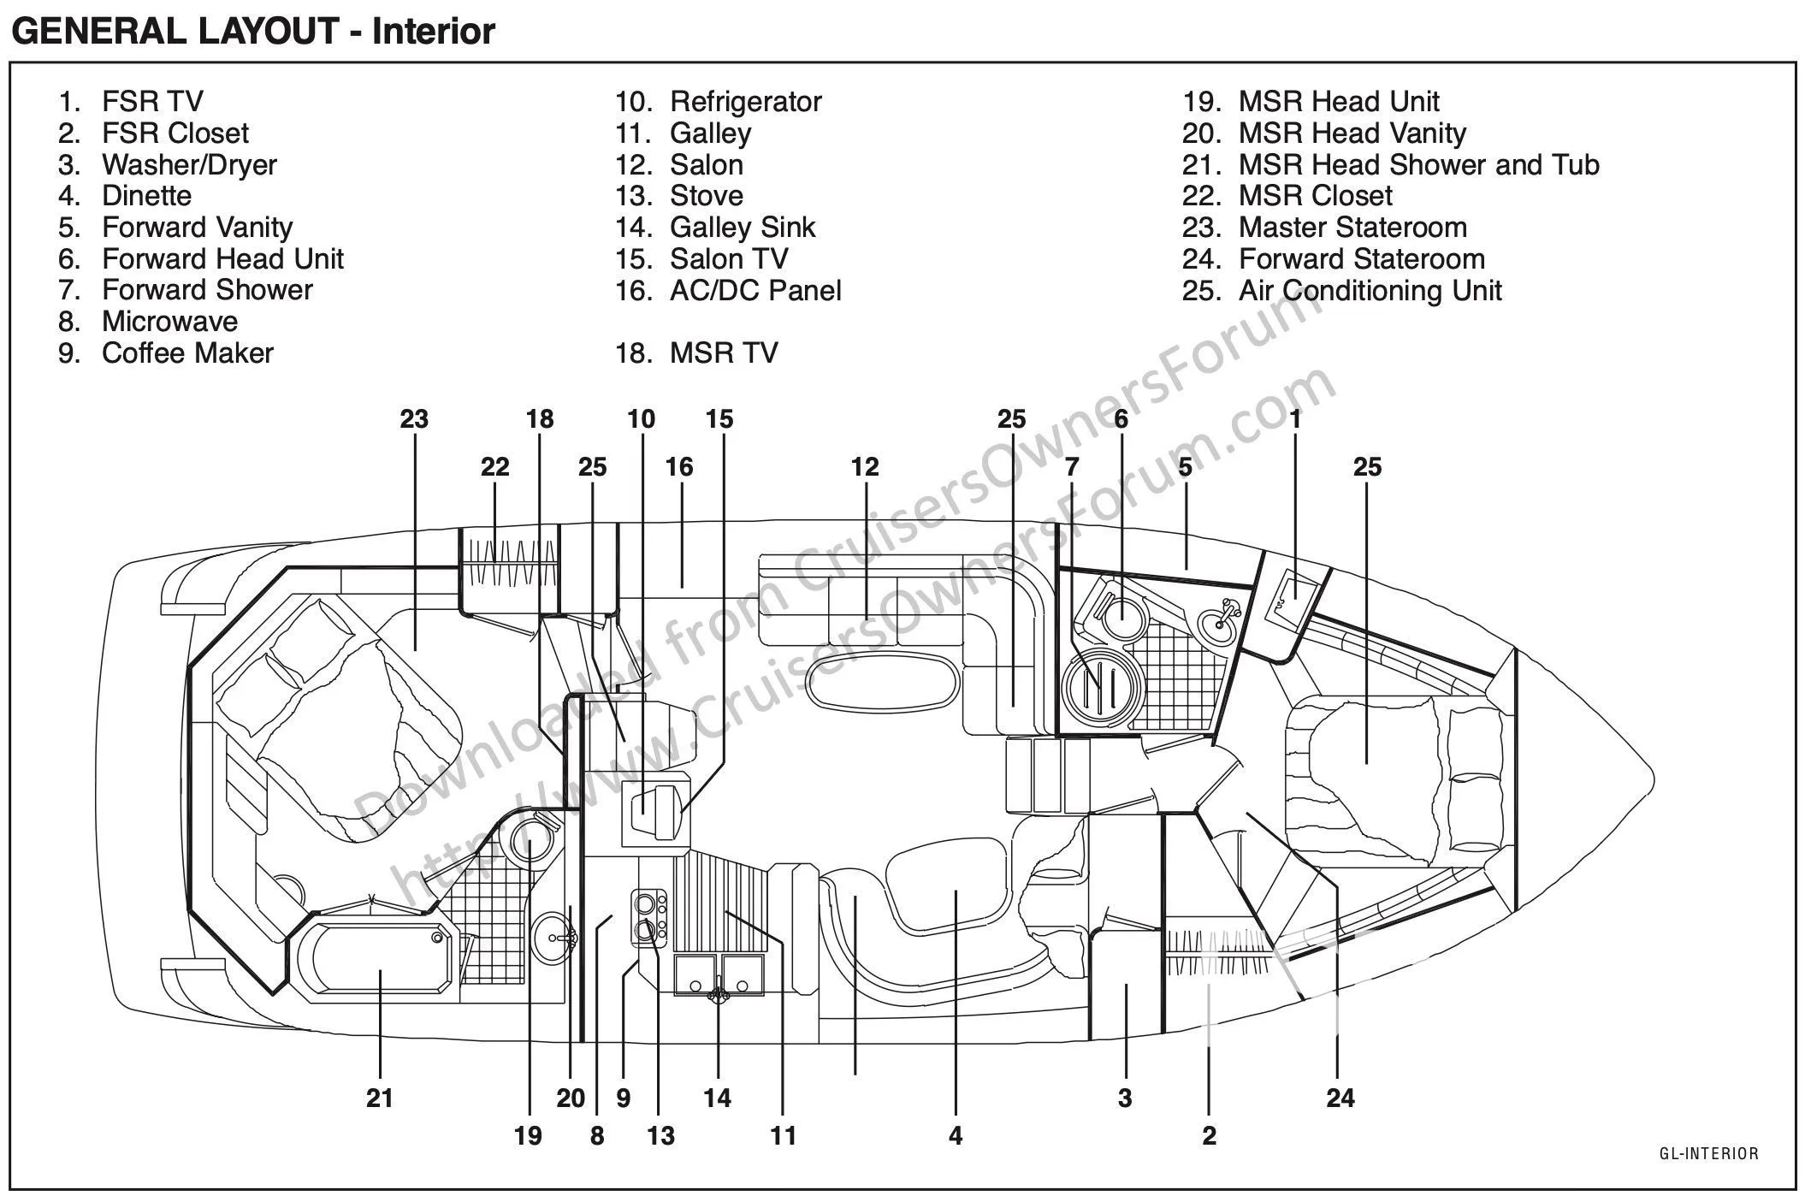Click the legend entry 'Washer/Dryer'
pyautogui.click(x=189, y=164)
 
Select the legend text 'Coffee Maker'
pyautogui.click(x=187, y=352)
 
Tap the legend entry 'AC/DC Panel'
pyautogui.click(x=755, y=290)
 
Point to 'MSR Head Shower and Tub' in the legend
pyautogui.click(x=1419, y=164)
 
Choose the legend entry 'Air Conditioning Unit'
pyautogui.click(x=1370, y=290)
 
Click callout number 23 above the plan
pyautogui.click(x=414, y=419)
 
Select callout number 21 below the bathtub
pyautogui.click(x=380, y=1098)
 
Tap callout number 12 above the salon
pyautogui.click(x=865, y=467)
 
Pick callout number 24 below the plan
pyautogui.click(x=1340, y=1098)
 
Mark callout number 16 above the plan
pyautogui.click(x=679, y=467)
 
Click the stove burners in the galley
pyautogui.click(x=649, y=916)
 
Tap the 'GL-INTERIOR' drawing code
pyautogui.click(x=1709, y=1153)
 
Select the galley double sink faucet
pyautogui.click(x=719, y=993)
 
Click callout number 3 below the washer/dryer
pyautogui.click(x=1125, y=1098)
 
